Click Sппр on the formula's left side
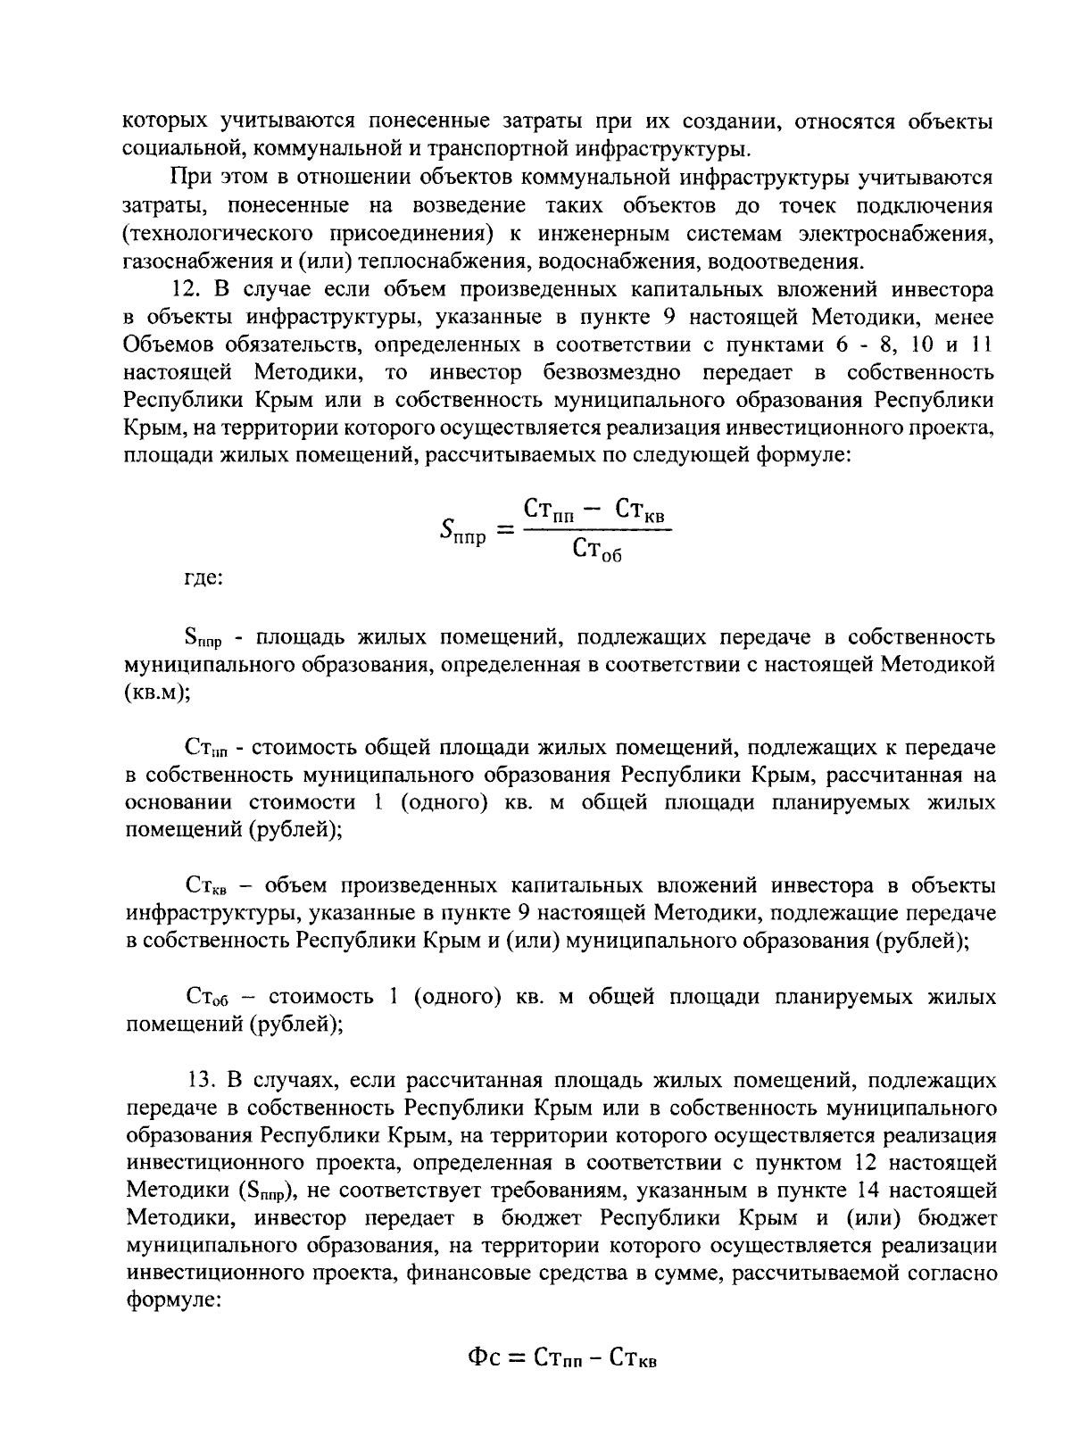pos(462,533)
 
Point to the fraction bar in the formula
pos(596,532)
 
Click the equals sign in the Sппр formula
pos(505,531)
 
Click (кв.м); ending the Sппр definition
pos(157,693)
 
